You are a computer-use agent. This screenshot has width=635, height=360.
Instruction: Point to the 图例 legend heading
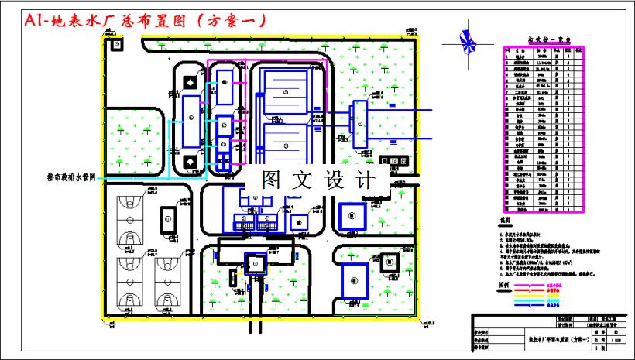coord(504,283)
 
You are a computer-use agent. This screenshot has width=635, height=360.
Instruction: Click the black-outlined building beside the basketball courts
coord(166,218)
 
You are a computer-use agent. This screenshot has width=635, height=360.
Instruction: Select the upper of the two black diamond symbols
coord(190,81)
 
